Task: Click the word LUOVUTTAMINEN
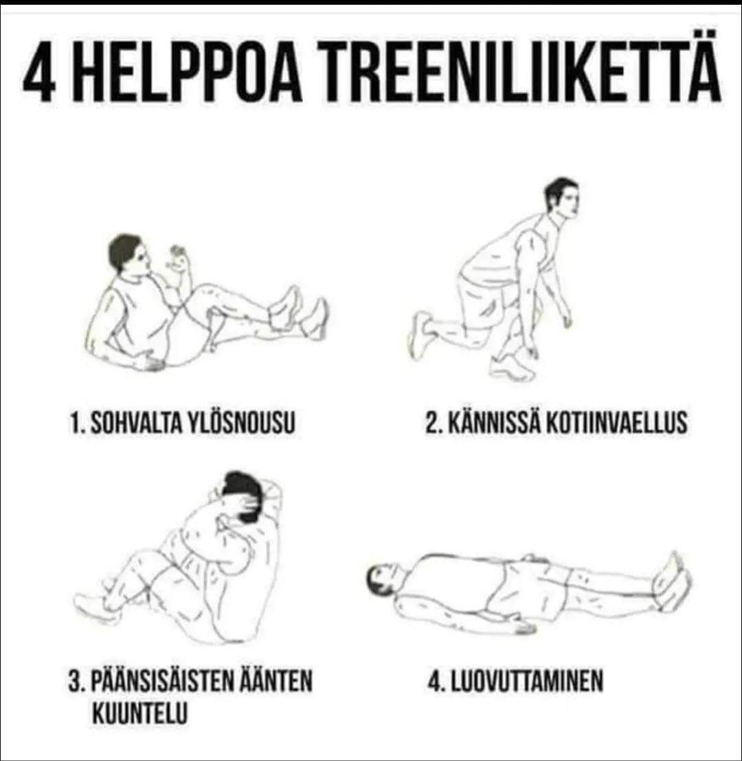528,681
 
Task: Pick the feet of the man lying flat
672,580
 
